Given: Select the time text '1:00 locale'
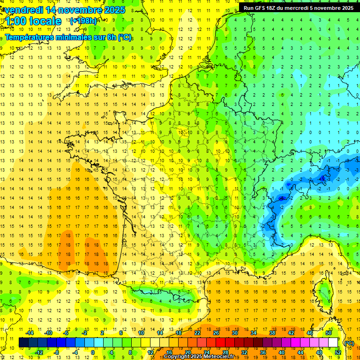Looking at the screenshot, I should point(33,21).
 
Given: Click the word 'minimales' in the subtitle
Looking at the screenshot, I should point(71,37).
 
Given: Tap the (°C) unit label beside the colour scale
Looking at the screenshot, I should point(349,343).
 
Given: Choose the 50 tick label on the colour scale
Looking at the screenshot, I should point(329,333).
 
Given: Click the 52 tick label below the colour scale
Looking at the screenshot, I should point(337,352).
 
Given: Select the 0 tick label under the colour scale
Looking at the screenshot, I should point(92,352).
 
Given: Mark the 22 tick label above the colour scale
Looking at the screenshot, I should point(197,333).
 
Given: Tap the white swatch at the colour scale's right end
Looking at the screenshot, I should point(333,343).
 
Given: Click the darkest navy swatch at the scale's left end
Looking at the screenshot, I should point(23,343).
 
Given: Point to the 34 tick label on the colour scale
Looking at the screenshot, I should point(254,333).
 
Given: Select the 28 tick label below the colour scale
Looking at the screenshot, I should point(225,352).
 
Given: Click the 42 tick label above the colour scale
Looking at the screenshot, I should point(291,333).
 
